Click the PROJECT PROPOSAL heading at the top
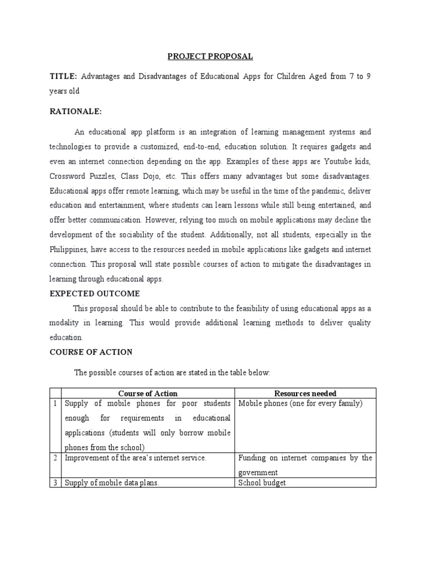(x=210, y=57)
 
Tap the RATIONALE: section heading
(x=76, y=111)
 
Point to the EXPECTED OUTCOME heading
(x=95, y=294)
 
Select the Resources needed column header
(x=305, y=394)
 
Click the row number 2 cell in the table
(x=55, y=458)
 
